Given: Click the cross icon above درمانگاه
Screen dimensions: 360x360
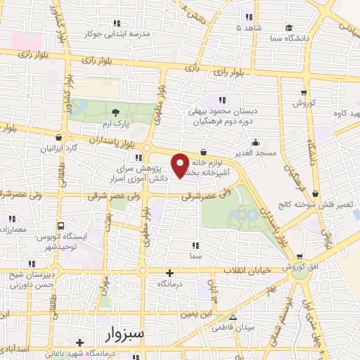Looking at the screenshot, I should pyautogui.click(x=169, y=273).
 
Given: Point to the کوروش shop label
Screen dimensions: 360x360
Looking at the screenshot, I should pyautogui.click(x=304, y=103).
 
